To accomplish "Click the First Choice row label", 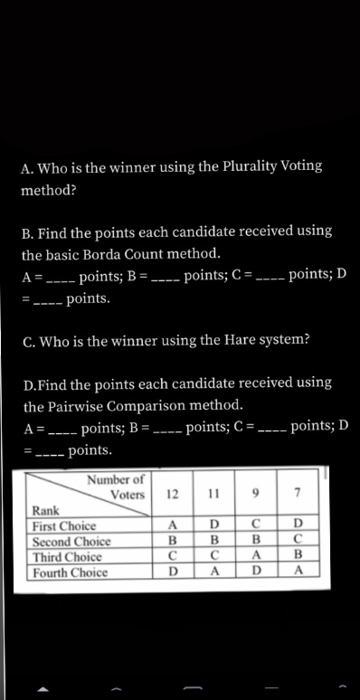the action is coord(64,526).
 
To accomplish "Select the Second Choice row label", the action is coord(71,542).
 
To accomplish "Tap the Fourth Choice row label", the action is coord(71,572).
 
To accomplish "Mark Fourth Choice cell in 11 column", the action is coord(214,572).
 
